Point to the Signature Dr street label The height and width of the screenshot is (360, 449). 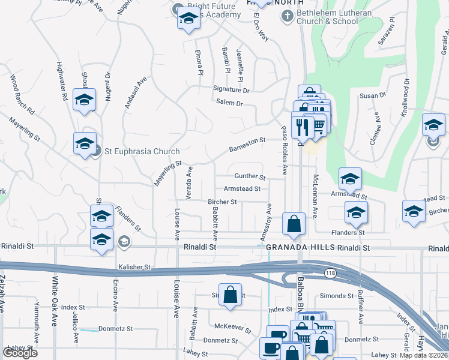pos(231,90)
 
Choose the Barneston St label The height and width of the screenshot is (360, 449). pos(247,145)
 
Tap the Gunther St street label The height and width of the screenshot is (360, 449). pos(250,176)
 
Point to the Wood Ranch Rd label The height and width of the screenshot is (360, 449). pos(23,95)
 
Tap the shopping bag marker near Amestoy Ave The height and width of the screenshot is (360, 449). pos(293,224)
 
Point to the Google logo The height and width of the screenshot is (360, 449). pos(20,353)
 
